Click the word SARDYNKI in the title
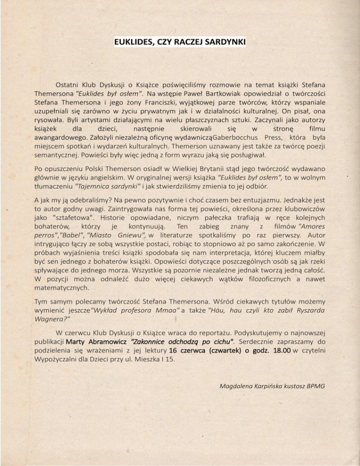223,43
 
